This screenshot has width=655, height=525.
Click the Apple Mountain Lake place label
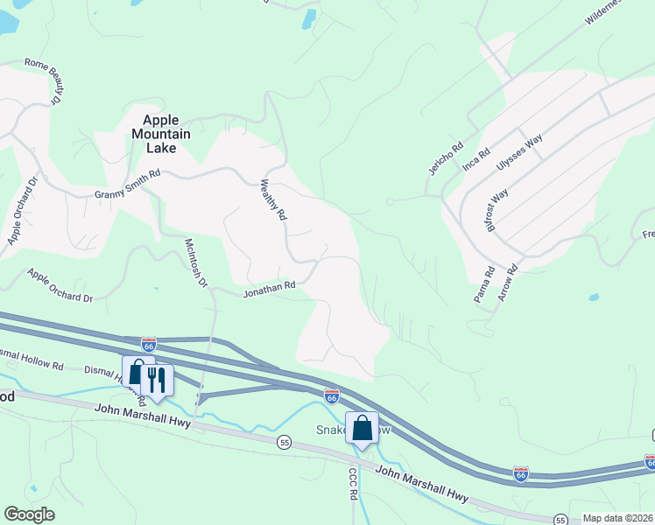[154, 134]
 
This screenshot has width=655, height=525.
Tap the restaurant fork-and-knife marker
[157, 379]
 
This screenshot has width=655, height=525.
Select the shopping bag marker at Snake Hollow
[362, 428]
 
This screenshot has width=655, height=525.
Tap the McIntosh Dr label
[196, 262]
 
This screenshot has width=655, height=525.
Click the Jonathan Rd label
[269, 286]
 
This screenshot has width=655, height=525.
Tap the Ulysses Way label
[520, 152]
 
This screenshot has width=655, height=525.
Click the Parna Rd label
[484, 284]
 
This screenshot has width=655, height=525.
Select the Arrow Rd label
[509, 283]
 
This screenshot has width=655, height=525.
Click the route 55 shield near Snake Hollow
[284, 442]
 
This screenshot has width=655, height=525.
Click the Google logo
[29, 514]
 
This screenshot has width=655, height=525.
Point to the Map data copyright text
[618, 518]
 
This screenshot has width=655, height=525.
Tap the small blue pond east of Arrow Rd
[594, 298]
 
